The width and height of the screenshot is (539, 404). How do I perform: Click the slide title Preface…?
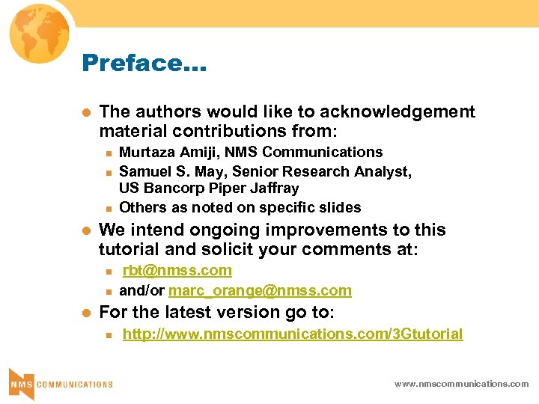[x=144, y=63]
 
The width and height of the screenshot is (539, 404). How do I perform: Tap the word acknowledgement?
[x=398, y=112]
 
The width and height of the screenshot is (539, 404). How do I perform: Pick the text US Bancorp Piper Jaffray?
[x=209, y=189]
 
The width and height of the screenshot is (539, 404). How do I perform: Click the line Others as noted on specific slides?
[x=240, y=207]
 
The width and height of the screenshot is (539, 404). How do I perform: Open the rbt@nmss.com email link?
[x=177, y=271]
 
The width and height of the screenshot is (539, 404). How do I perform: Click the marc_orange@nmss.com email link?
[x=260, y=290]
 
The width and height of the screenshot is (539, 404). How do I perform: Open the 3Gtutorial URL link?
[x=293, y=334]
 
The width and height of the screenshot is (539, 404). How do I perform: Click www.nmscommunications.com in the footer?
[x=462, y=384]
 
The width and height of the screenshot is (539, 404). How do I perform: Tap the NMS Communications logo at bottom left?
[x=60, y=382]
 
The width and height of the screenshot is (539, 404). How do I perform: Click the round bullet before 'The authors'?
[x=86, y=113]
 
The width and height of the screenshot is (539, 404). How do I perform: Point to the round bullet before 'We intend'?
[x=86, y=231]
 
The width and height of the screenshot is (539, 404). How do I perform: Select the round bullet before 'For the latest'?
[x=86, y=311]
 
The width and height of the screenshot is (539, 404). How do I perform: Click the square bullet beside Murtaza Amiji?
[x=108, y=153]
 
